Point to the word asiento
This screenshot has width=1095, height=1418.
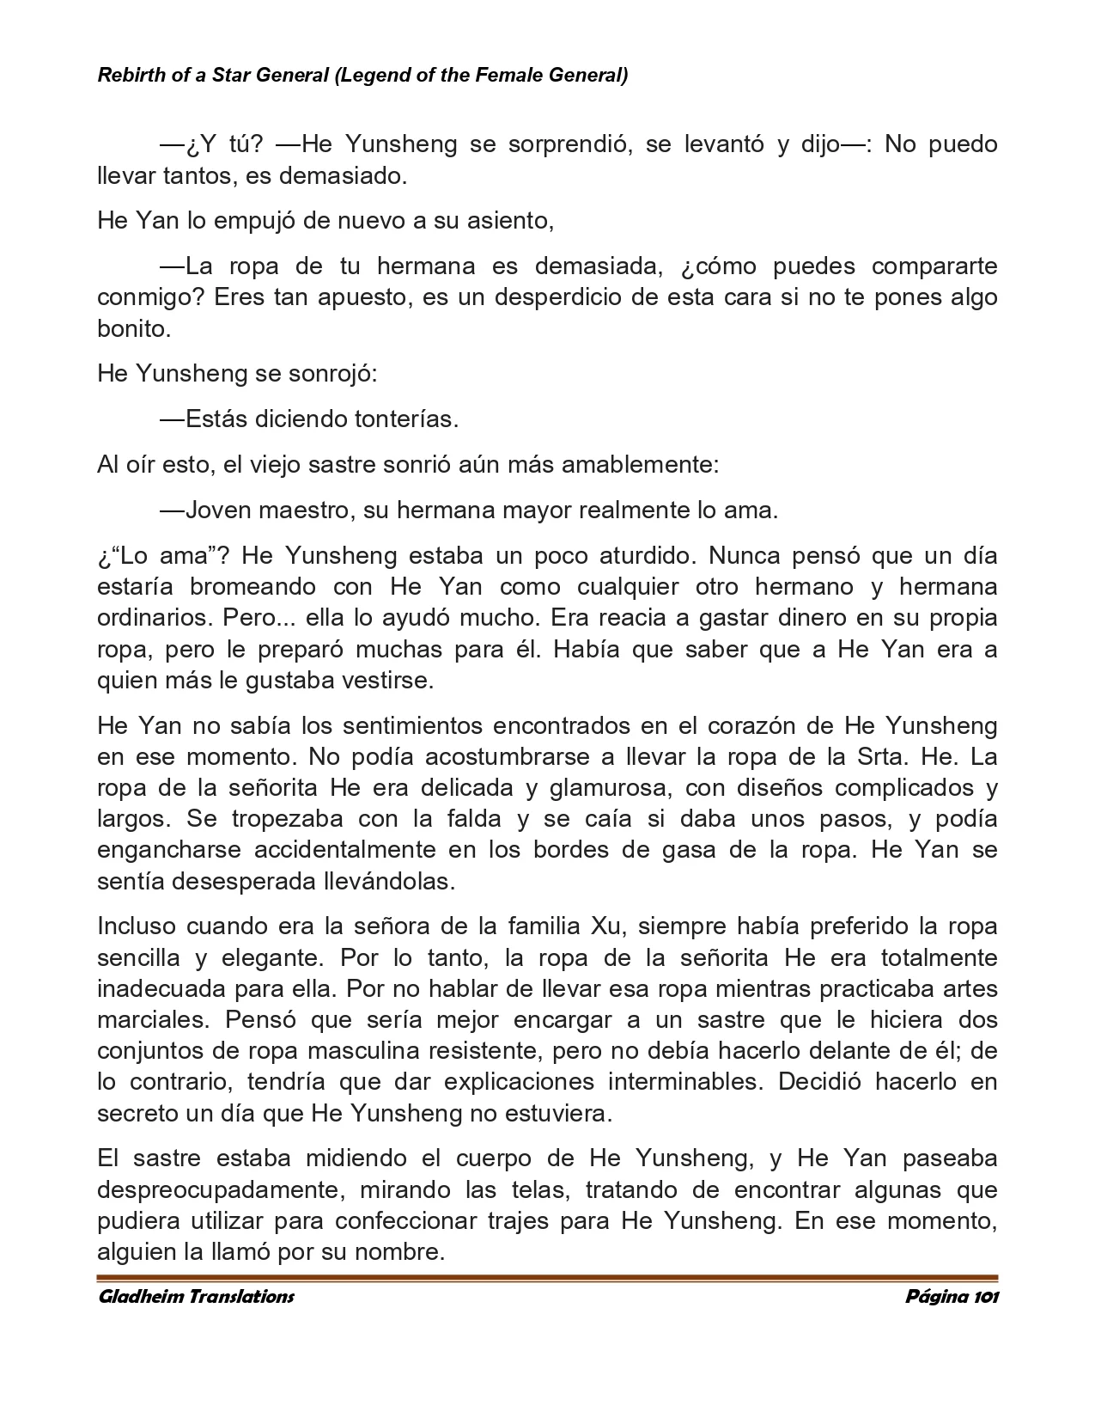coord(510,221)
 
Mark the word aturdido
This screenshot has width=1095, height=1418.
coord(641,555)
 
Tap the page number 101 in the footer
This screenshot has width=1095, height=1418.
coord(984,1297)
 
